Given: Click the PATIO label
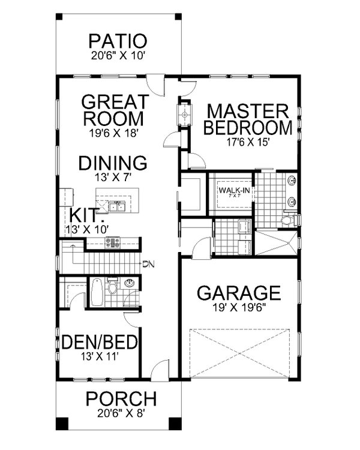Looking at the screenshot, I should click(117, 41).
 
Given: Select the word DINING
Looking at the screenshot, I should click(112, 162).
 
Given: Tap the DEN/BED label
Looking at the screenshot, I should click(100, 343).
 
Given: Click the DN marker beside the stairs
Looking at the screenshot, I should click(149, 263).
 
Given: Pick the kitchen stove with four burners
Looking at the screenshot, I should click(113, 242).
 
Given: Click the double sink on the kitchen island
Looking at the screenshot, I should click(118, 208).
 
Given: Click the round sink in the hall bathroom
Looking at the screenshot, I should click(130, 283).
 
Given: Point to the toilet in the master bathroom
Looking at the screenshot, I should click(287, 221).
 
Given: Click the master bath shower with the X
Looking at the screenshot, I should click(275, 242).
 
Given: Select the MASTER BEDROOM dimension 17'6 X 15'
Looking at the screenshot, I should click(248, 143).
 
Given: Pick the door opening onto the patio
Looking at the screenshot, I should click(155, 82).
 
